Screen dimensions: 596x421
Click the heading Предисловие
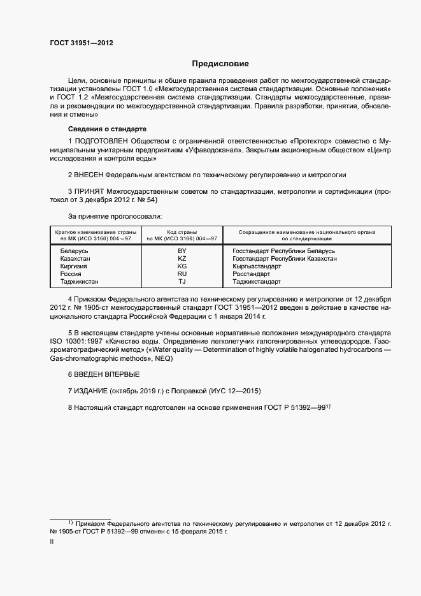point(221,64)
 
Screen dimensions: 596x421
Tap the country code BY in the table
point(182,251)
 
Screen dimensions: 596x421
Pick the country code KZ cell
point(182,259)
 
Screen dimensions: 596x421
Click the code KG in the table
point(182,266)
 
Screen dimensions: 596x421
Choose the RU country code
point(182,273)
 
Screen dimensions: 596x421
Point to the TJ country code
point(182,281)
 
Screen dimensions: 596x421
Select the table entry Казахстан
point(75,259)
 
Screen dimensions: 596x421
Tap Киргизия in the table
point(74,266)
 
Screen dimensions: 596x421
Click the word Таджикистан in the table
point(80,281)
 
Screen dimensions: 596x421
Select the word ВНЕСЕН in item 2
point(89,174)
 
